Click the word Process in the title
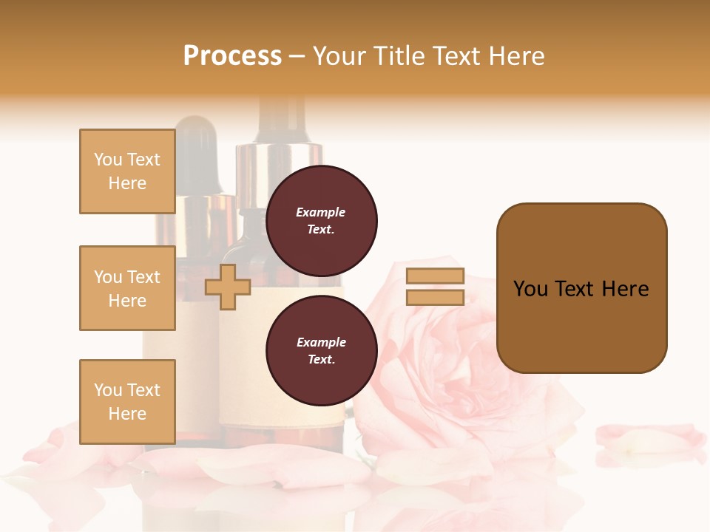click(x=232, y=56)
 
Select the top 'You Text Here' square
click(x=127, y=171)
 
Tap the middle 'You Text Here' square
click(x=127, y=288)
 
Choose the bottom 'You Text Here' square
click(x=127, y=401)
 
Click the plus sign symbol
click(x=228, y=287)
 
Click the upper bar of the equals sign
click(x=435, y=276)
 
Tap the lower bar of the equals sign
click(x=435, y=297)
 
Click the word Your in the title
click(x=339, y=56)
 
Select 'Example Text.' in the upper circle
click(x=321, y=221)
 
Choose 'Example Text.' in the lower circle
click(x=321, y=351)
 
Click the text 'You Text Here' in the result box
click(x=581, y=289)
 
